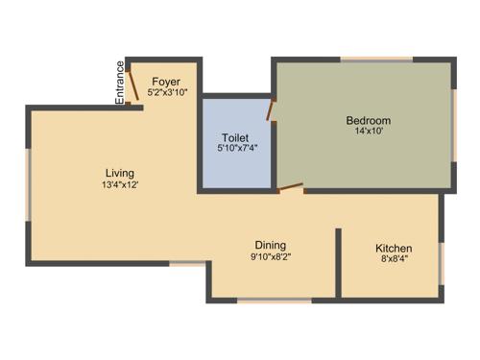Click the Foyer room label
[x=166, y=81]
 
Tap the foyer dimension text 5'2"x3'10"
[x=166, y=93]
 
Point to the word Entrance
[x=120, y=83]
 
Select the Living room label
[x=121, y=172]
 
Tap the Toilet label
[x=235, y=137]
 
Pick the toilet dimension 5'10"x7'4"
[x=235, y=150]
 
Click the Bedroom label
[x=369, y=120]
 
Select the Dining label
[x=270, y=245]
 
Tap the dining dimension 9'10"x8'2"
[x=270, y=257]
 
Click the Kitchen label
[x=394, y=248]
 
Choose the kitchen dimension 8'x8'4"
[x=394, y=260]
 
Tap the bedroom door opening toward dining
[x=291, y=188]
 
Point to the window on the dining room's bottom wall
[x=274, y=300]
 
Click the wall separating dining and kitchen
[x=338, y=261]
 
